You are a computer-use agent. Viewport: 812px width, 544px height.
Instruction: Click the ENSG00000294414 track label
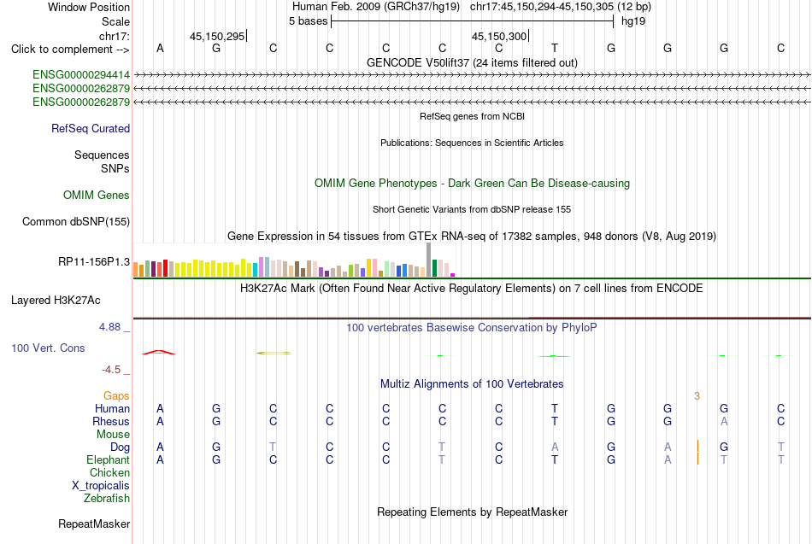(81, 75)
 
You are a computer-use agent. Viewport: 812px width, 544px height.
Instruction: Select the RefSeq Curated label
(91, 128)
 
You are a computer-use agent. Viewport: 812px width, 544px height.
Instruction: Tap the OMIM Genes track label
(97, 195)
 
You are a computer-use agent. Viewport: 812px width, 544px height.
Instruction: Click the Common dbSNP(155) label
(76, 221)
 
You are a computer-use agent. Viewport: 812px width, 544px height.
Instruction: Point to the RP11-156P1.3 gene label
(94, 262)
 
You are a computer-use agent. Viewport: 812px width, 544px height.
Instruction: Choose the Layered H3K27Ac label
(56, 301)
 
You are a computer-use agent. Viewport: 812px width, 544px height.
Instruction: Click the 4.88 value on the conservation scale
(109, 327)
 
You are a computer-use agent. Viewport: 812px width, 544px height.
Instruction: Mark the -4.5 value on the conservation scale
(111, 370)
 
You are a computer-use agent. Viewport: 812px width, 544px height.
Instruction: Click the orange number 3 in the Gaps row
(697, 396)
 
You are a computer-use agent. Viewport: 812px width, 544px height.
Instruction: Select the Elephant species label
(109, 459)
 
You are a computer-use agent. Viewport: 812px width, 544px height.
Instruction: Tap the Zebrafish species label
(107, 499)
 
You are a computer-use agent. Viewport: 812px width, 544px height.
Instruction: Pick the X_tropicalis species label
(101, 486)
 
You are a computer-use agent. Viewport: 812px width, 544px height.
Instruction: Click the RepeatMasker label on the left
(94, 524)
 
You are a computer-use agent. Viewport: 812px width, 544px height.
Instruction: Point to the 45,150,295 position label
(217, 36)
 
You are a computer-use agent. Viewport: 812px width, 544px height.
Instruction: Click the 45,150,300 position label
(499, 36)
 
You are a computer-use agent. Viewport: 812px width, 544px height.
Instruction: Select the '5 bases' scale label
(308, 21)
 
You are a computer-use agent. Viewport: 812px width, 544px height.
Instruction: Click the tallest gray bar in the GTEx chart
(429, 260)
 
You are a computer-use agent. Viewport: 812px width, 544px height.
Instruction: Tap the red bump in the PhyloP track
(159, 352)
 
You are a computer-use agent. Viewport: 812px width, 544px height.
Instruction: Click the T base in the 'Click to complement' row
(555, 48)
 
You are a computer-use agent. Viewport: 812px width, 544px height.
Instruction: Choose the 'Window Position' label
(89, 7)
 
